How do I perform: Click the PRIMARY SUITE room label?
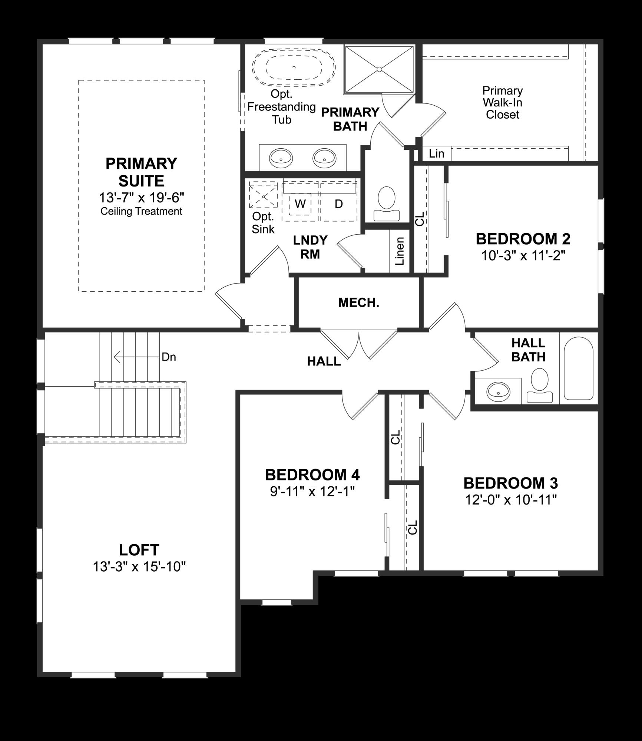click(141, 172)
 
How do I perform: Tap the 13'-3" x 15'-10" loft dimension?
click(139, 567)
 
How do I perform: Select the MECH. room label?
click(358, 303)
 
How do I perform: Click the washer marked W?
click(300, 204)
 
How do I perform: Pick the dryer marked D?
click(338, 204)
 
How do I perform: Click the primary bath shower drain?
click(379, 69)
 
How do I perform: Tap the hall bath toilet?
click(539, 386)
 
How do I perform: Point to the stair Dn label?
click(169, 357)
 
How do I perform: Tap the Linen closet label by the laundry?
click(400, 251)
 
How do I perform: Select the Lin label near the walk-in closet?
click(436, 153)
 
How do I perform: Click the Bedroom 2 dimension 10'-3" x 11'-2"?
click(523, 255)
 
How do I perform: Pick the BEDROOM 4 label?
click(312, 475)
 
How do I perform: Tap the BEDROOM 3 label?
click(510, 483)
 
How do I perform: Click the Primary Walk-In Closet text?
click(502, 103)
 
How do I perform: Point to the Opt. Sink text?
click(263, 223)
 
